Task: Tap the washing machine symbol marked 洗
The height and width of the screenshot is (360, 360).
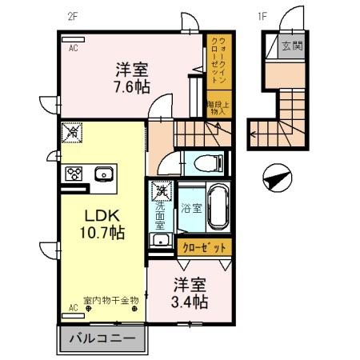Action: point(162,191)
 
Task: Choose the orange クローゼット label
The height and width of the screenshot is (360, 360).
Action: point(205,247)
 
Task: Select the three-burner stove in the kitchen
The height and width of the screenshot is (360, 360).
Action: point(74,174)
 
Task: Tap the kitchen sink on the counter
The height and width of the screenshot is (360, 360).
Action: point(103,174)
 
